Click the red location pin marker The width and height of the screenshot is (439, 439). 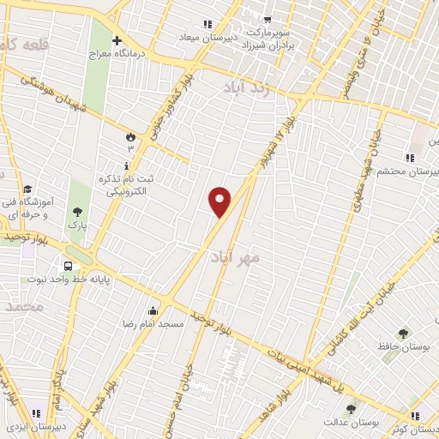click(220, 201)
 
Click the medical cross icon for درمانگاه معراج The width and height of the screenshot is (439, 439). click(117, 39)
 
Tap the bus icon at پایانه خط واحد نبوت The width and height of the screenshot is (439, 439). click(66, 266)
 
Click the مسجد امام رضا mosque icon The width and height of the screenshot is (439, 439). click(153, 310)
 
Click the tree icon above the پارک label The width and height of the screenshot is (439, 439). click(78, 212)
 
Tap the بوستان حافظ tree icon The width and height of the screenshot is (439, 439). click(403, 333)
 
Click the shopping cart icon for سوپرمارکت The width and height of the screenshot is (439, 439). click(268, 19)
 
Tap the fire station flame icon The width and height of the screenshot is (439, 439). click(130, 136)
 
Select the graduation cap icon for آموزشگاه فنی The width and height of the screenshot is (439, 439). click(27, 189)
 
